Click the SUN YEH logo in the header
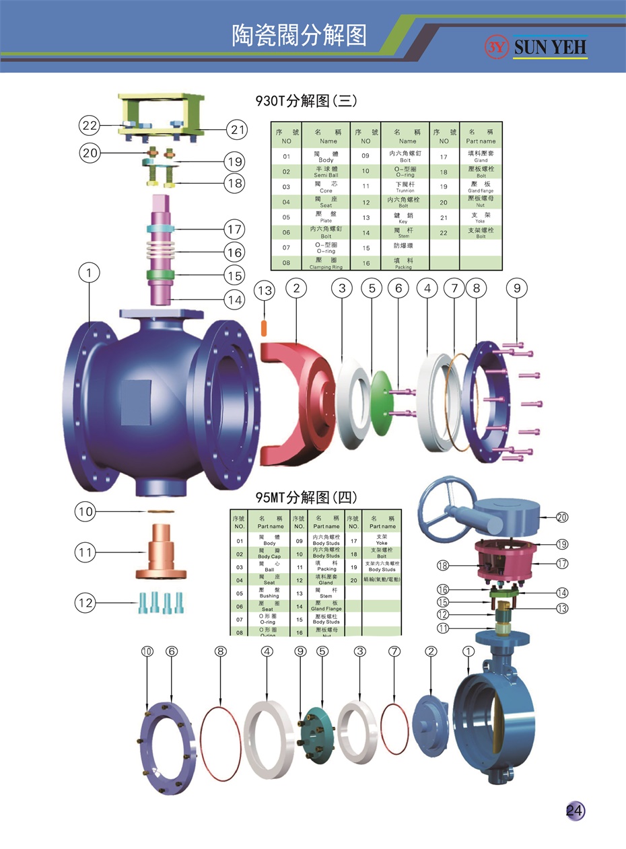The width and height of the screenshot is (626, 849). (x=536, y=46)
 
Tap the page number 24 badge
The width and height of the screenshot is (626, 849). (x=575, y=811)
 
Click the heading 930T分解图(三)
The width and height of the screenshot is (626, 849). (x=306, y=101)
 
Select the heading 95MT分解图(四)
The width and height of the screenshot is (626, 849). (x=306, y=498)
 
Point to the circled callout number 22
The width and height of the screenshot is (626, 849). (x=90, y=125)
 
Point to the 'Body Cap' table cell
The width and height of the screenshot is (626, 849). (x=269, y=554)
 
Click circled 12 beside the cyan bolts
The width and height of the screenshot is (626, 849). (x=85, y=603)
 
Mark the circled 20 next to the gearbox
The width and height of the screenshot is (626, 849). (x=562, y=517)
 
